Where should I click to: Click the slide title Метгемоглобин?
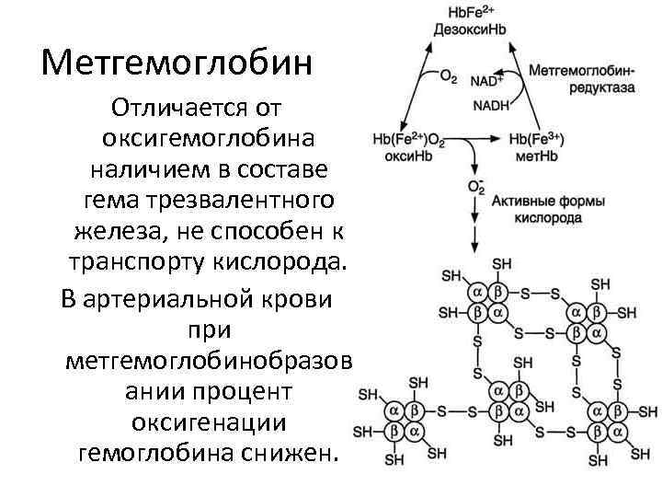click(x=177, y=64)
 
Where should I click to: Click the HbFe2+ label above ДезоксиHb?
click(x=470, y=14)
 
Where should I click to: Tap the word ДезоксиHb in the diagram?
click(x=470, y=30)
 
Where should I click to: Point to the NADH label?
click(x=490, y=105)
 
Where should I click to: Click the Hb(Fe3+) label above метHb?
click(x=536, y=139)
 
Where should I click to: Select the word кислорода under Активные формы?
click(x=548, y=219)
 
